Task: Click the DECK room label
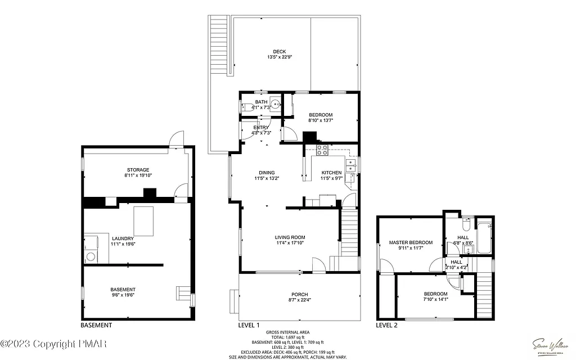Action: (280, 52)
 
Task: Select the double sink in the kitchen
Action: (351, 165)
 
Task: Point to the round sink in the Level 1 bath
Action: (275, 103)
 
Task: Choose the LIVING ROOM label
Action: (290, 237)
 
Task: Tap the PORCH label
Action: (299, 295)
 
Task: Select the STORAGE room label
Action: (138, 170)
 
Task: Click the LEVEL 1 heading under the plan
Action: (249, 325)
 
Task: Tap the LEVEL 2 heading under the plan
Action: (386, 325)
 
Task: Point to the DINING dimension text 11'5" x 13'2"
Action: (267, 178)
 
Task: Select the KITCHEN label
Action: (331, 173)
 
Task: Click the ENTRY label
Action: (261, 128)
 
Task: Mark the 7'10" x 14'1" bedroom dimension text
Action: (435, 299)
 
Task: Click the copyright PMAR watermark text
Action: (54, 343)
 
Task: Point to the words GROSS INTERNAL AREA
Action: (287, 332)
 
